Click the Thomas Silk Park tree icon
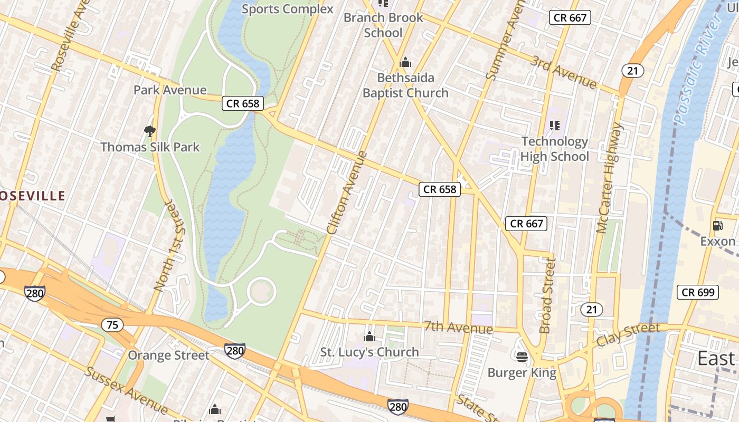pos(150,130)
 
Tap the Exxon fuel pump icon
pos(717,226)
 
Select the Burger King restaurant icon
pos(522,357)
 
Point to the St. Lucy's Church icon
pos(369,337)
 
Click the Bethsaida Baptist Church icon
pos(405,63)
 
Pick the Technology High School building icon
pos(554,126)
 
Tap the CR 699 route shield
pos(698,292)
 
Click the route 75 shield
pos(112,325)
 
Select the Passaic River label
pos(697,69)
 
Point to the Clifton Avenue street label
pos(347,193)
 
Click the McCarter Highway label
pos(610,178)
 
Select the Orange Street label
pos(168,355)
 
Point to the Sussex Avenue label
pos(127,390)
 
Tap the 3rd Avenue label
pos(564,72)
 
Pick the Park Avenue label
pos(169,90)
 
